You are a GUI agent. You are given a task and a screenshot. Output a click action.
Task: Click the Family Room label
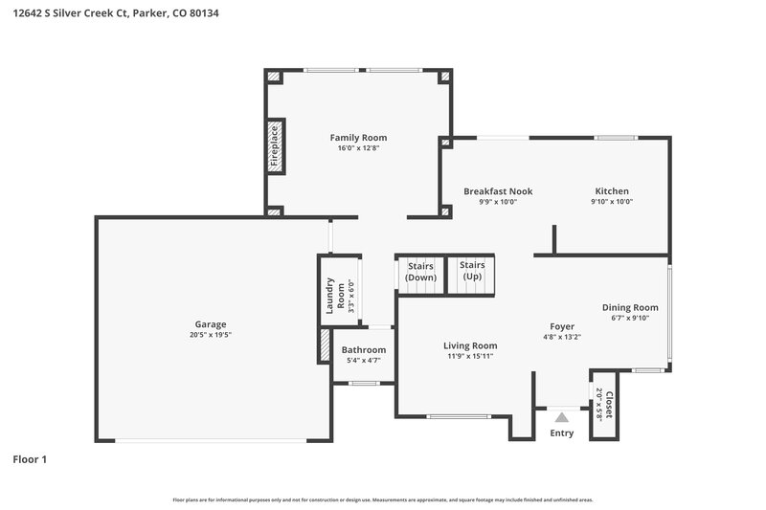tap(358, 138)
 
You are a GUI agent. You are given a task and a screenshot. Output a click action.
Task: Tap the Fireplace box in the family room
tap(274, 147)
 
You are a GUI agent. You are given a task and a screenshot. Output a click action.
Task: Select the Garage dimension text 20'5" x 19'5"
tap(211, 336)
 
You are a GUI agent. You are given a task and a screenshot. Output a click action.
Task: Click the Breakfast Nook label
tap(498, 191)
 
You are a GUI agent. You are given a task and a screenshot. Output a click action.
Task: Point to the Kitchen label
tap(612, 191)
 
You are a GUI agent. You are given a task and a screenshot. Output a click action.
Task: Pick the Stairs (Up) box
tap(472, 271)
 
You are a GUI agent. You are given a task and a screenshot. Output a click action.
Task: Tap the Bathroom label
tap(365, 350)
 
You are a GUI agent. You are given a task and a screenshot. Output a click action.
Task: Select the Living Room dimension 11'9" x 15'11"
tap(470, 357)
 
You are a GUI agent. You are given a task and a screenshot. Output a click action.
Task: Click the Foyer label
tap(562, 326)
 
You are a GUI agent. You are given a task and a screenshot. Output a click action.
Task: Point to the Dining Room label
tap(630, 307)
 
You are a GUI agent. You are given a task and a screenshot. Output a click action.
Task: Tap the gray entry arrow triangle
tap(562, 416)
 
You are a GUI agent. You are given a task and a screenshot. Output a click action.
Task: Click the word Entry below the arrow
tap(562, 433)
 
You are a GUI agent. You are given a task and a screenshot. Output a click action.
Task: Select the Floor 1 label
tap(30, 459)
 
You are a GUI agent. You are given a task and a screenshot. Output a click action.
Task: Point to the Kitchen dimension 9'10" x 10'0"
tap(612, 202)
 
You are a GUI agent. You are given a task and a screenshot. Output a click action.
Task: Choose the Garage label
tap(211, 324)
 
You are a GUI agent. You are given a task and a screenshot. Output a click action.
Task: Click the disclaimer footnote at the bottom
tap(382, 499)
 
